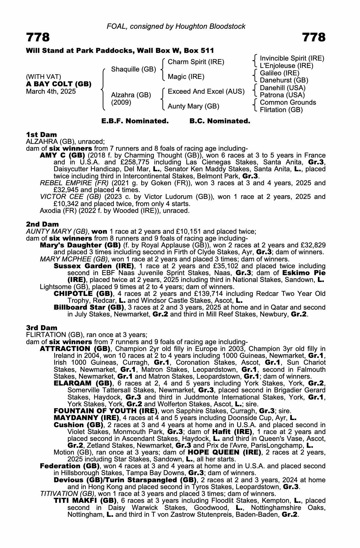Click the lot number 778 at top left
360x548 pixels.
[x=38, y=37]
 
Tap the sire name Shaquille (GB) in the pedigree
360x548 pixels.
[x=133, y=69]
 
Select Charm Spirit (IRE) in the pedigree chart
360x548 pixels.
[x=196, y=62]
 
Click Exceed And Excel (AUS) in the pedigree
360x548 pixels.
[x=206, y=92]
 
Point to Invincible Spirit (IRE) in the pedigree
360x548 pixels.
[x=292, y=58]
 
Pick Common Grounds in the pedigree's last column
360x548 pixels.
[x=288, y=102]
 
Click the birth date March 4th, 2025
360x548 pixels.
[x=51, y=92]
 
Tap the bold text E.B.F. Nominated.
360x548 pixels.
[x=135, y=121]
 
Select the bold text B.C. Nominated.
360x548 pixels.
[x=220, y=121]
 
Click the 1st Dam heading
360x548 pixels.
[x=41, y=135]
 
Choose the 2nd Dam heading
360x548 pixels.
[x=42, y=224]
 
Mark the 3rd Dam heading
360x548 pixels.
[x=42, y=328]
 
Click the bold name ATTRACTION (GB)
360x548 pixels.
[x=75, y=349]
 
